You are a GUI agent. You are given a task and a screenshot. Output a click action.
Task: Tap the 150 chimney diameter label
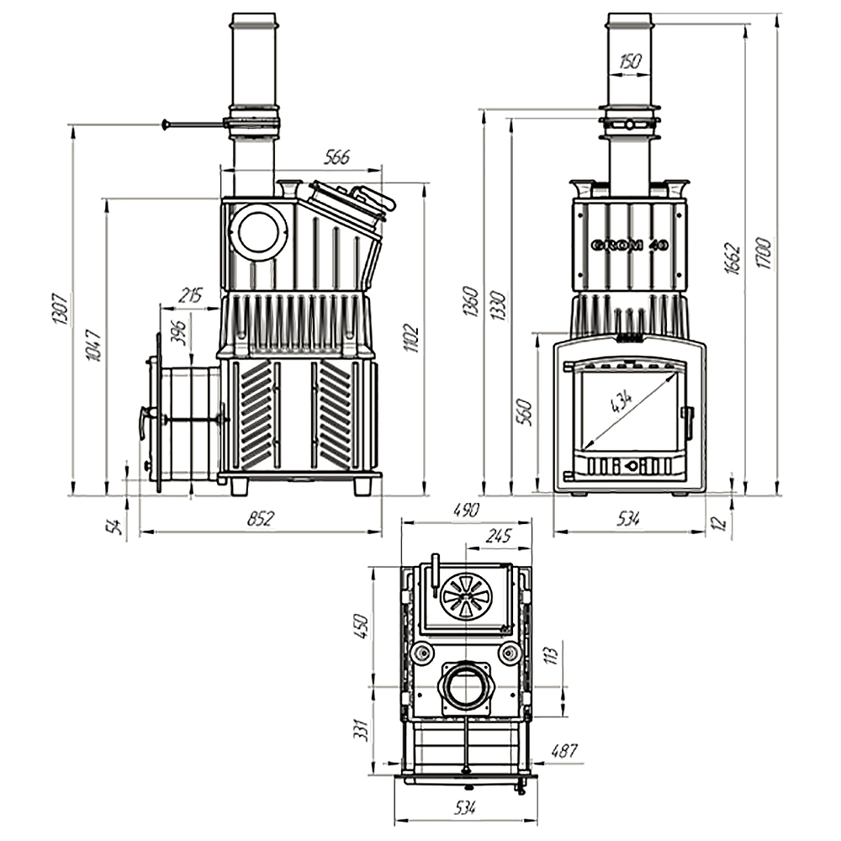pyautogui.click(x=629, y=61)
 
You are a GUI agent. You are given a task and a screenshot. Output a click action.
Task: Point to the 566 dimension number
pyautogui.click(x=336, y=157)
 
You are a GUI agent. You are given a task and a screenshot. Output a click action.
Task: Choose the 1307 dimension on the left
pyautogui.click(x=60, y=309)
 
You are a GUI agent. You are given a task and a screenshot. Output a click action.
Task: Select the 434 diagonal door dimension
pyautogui.click(x=622, y=403)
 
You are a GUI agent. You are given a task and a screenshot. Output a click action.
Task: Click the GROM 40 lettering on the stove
pyautogui.click(x=629, y=246)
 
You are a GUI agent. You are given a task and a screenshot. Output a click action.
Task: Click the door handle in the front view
pyautogui.click(x=688, y=420)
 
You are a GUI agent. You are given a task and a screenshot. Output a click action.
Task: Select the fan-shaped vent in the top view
pyautogui.click(x=465, y=595)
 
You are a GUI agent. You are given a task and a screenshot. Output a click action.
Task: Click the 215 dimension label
pyautogui.click(x=191, y=295)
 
